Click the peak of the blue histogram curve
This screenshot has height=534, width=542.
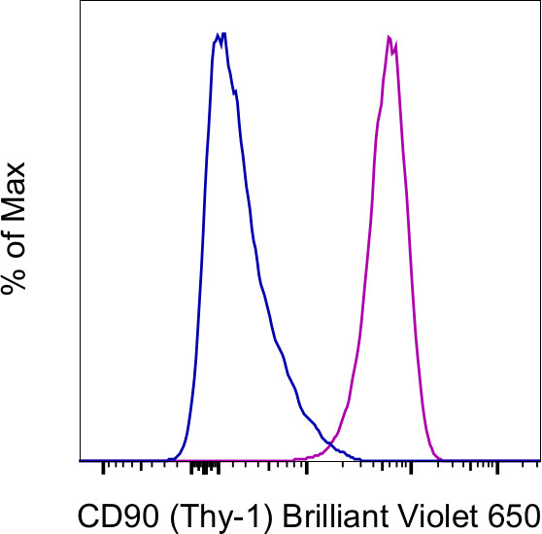[220, 35]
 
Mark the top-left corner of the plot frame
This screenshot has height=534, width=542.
[79, 2]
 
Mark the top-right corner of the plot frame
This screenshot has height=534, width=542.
[539, 2]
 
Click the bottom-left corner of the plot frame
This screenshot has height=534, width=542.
[79, 461]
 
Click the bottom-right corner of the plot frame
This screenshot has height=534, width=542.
[539, 461]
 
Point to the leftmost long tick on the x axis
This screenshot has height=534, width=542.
[103, 469]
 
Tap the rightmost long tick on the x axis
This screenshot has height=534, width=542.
[496, 469]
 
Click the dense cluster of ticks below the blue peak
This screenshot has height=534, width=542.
[205, 468]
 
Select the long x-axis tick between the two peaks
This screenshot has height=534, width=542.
[306, 469]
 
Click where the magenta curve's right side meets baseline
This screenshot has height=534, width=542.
[441, 459]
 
